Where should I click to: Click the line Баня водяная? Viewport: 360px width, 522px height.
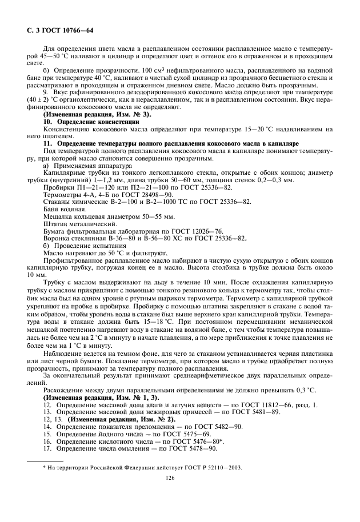65,208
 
